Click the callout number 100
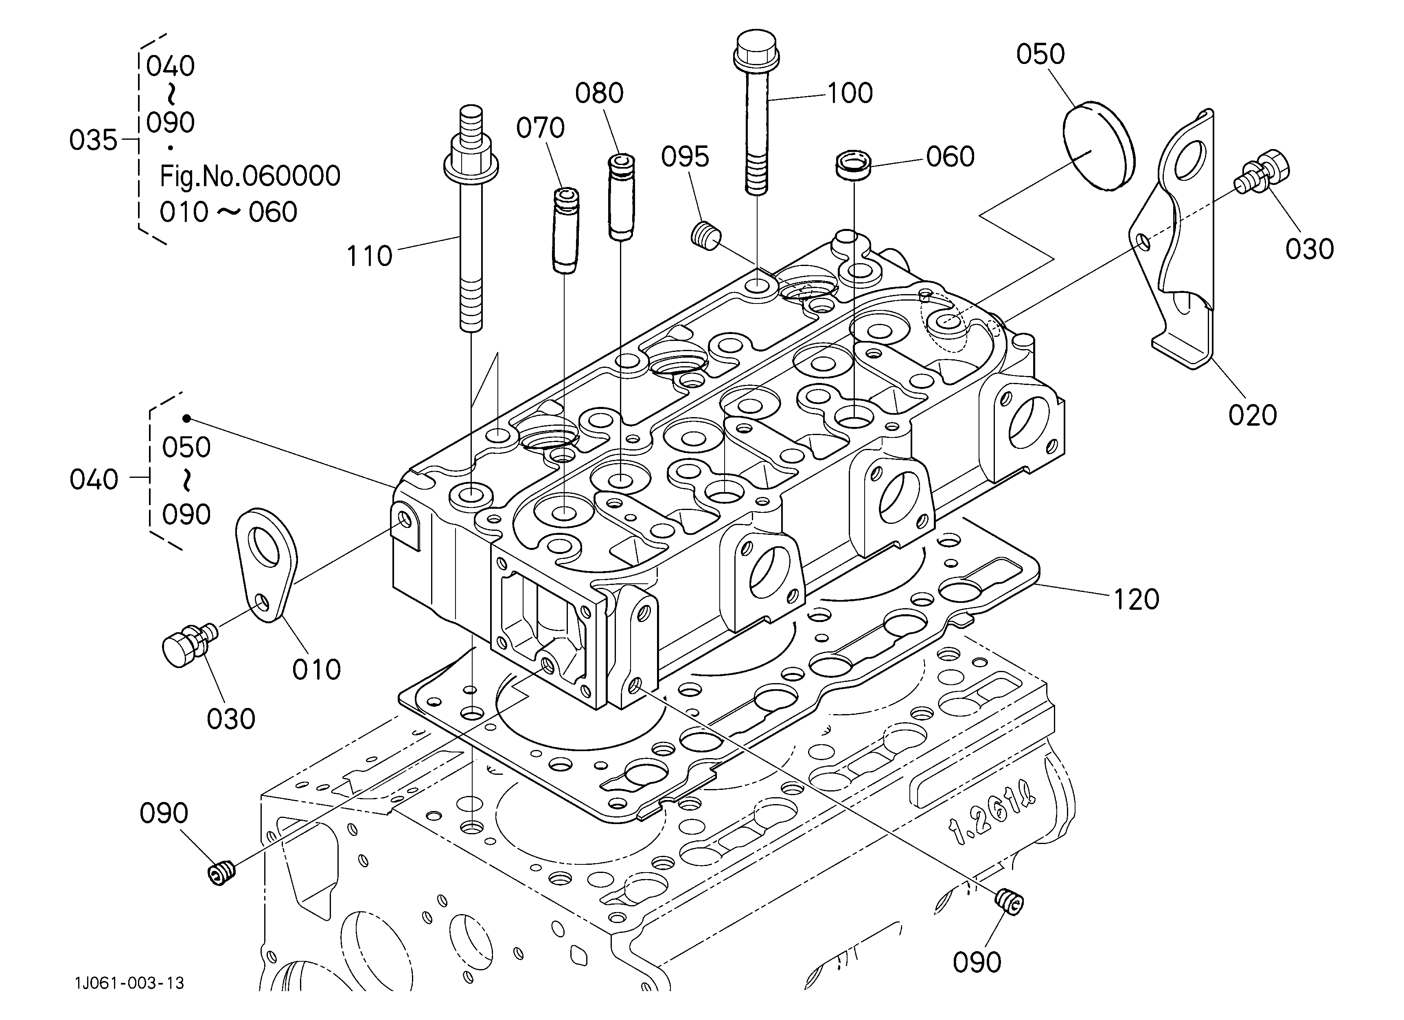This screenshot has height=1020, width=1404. point(849,93)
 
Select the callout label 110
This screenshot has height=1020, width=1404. point(369,256)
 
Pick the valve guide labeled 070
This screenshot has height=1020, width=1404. point(565,231)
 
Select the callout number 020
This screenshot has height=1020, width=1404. point(1252,415)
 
